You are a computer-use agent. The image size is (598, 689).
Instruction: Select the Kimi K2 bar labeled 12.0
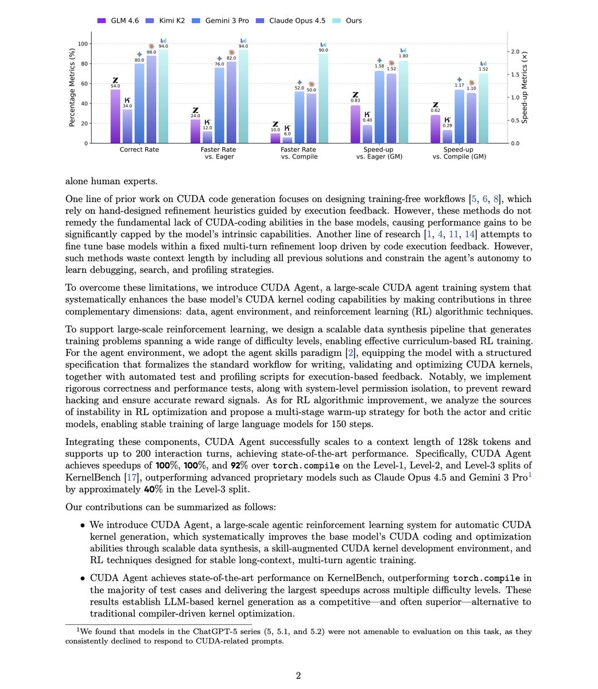[x=208, y=137]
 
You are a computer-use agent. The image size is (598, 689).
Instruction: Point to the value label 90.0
[x=324, y=51]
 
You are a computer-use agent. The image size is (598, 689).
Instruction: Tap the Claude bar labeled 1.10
[x=472, y=118]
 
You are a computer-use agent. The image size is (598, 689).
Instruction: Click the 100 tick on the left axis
[x=83, y=44]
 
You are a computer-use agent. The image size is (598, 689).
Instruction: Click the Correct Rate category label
[x=139, y=150]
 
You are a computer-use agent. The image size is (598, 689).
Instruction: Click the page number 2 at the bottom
[x=298, y=675]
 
